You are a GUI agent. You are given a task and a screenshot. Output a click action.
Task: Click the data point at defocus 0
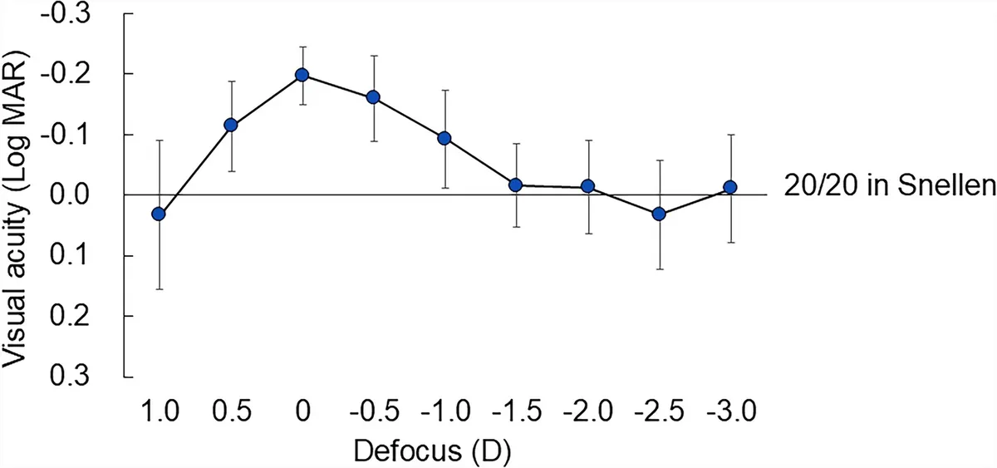point(302,75)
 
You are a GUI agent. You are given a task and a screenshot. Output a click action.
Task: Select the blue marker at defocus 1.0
point(159,214)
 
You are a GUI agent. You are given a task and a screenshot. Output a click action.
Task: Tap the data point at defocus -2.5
point(659,214)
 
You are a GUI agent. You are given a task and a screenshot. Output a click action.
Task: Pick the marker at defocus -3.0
point(730,187)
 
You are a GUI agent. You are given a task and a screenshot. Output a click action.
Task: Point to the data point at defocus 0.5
point(231,126)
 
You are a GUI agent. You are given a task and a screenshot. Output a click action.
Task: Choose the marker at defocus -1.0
point(444,139)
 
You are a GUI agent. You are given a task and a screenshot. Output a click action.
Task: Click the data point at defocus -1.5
point(516,185)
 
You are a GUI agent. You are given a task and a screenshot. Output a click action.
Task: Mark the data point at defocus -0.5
point(373,97)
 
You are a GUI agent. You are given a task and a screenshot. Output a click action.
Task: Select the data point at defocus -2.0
point(588,186)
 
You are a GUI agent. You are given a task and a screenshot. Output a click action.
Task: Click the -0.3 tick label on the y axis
point(66,13)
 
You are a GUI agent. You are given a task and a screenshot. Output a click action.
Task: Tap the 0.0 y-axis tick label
point(70,195)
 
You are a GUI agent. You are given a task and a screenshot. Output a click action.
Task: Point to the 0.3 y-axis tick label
point(70,377)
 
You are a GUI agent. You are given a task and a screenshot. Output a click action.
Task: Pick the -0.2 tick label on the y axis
point(66,74)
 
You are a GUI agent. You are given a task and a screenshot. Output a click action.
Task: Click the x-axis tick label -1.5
point(517,411)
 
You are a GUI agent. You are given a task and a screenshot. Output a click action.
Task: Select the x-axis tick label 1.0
point(160,411)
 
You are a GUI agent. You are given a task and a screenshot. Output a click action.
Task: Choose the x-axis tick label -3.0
point(731,411)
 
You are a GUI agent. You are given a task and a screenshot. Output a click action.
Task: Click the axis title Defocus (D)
point(432,451)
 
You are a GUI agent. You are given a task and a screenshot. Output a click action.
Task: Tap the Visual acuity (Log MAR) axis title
point(15,209)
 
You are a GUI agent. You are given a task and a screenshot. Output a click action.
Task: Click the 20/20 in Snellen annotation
point(889,185)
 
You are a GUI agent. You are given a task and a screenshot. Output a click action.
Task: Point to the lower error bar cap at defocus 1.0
point(160,289)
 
